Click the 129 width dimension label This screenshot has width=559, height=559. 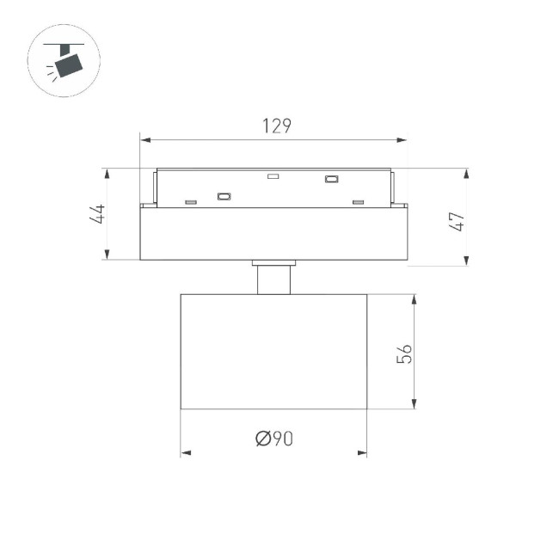click(277, 126)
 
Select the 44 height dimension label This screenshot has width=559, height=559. click(97, 214)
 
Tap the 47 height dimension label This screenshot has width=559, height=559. click(457, 222)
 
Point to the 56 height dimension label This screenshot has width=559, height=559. click(404, 353)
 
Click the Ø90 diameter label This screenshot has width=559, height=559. click(274, 439)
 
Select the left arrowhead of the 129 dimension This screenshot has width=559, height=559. click(145, 140)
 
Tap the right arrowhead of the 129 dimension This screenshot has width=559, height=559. click(402, 140)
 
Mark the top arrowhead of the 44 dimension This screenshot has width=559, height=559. click(107, 174)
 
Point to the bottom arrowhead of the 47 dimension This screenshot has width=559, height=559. click(466, 261)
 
